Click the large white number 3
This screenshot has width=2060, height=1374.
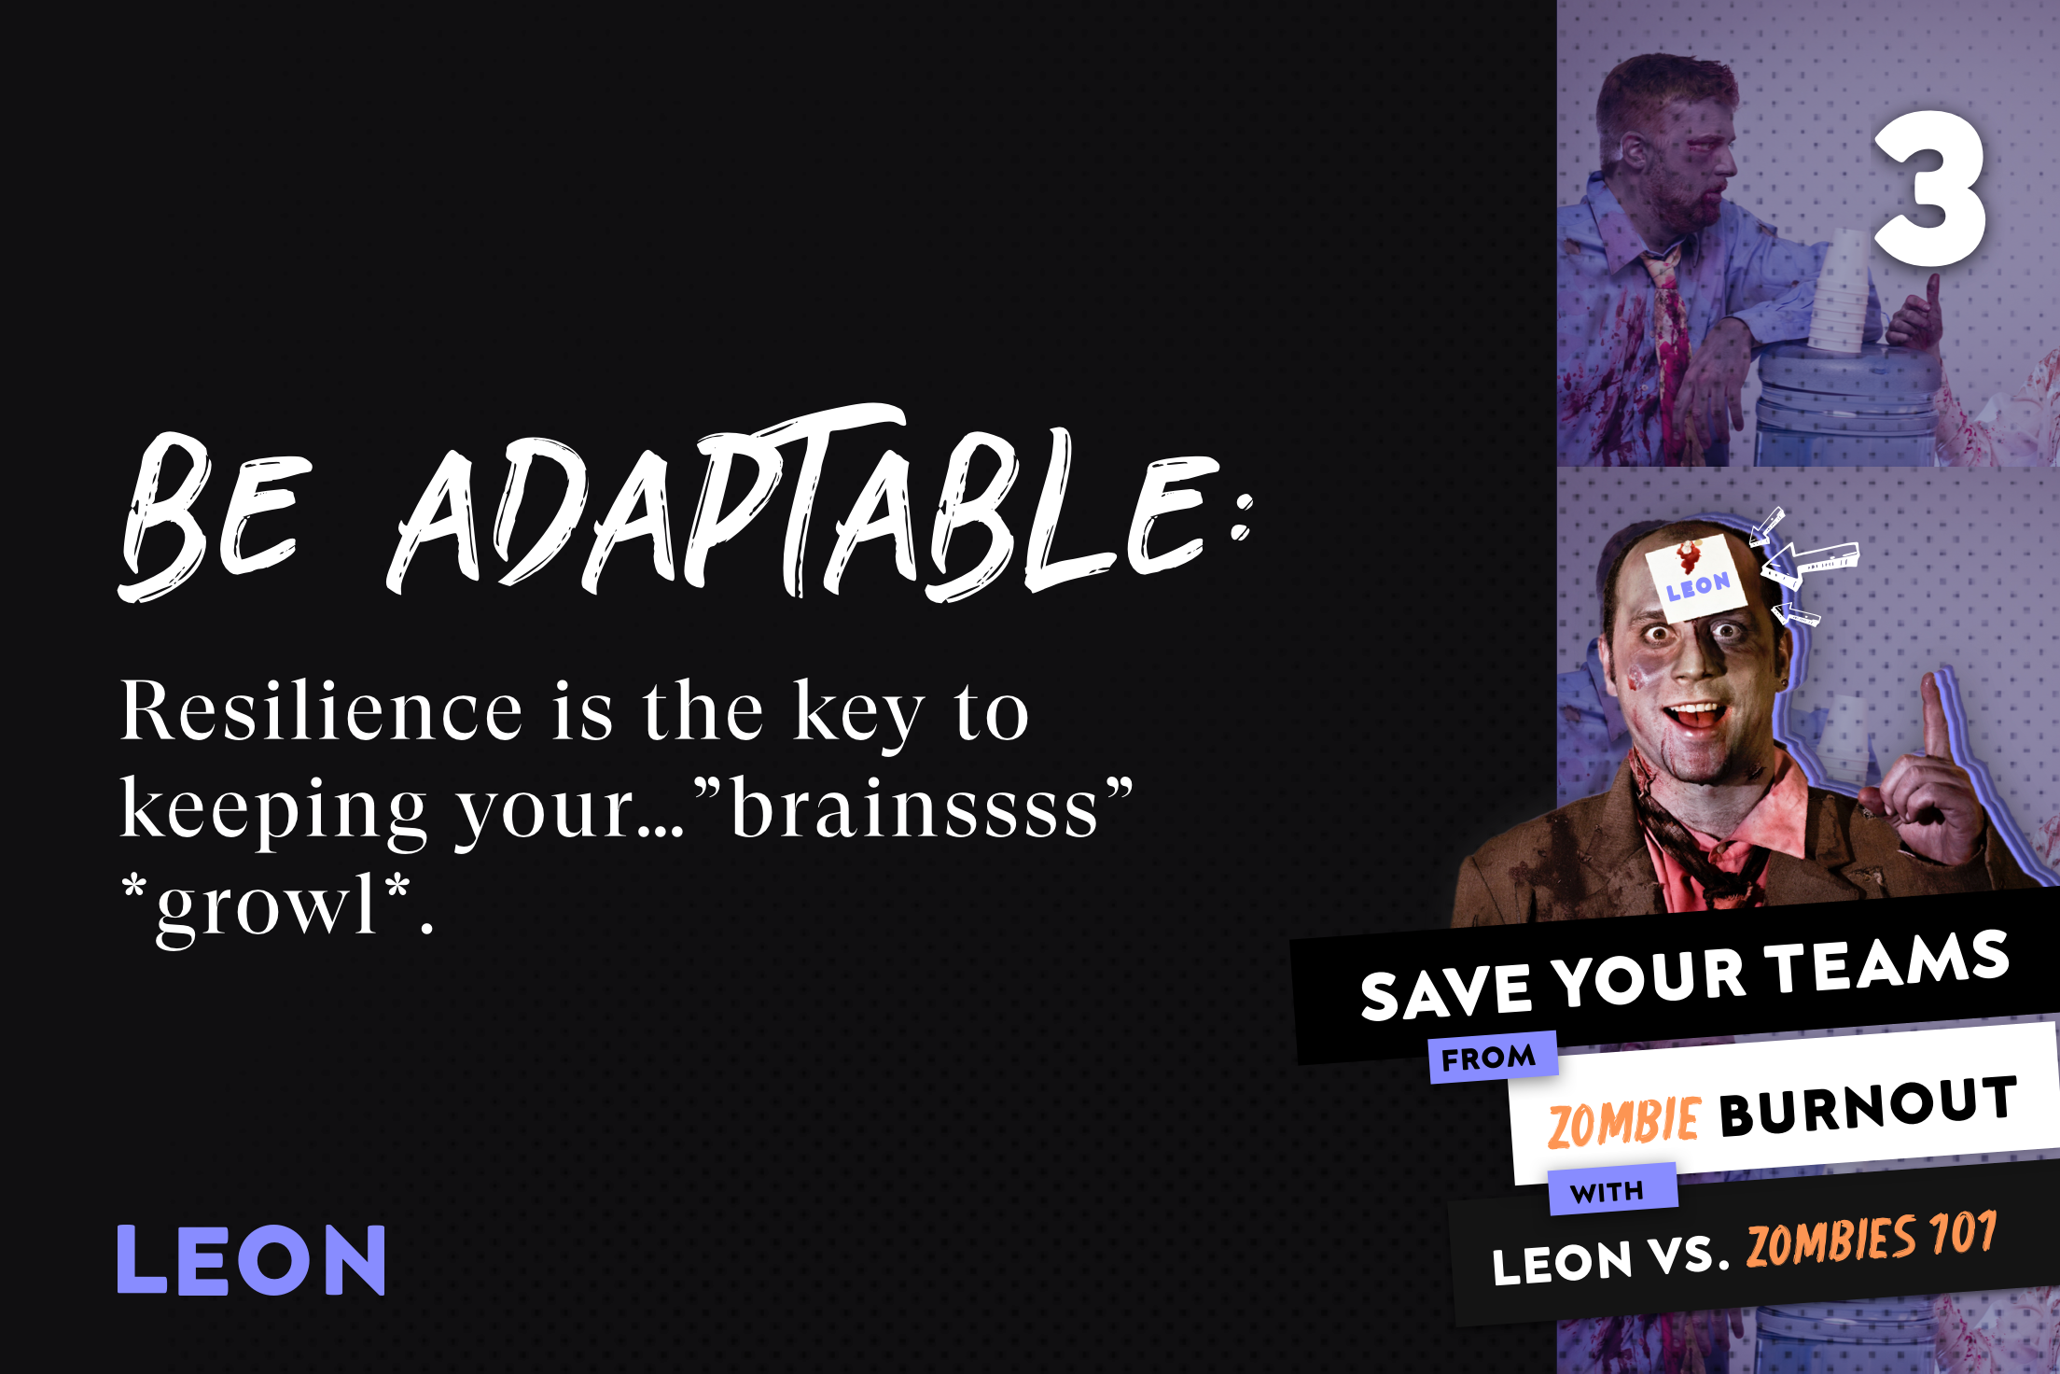pos(1929,189)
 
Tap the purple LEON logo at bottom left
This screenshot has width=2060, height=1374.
pos(251,1259)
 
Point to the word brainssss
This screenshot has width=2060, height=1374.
pos(914,808)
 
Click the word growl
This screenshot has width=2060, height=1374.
pos(266,907)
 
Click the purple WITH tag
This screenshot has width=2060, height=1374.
pos(1612,1190)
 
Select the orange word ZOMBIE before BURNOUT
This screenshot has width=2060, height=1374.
pos(1623,1122)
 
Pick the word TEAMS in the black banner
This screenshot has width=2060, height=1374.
pos(1890,961)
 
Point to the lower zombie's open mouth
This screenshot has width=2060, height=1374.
pos(1697,717)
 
